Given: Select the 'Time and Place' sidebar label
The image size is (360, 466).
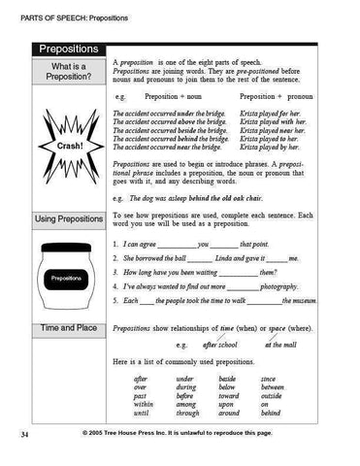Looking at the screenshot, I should coord(69,329).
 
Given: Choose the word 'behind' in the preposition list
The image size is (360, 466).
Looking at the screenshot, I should coord(274,412).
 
